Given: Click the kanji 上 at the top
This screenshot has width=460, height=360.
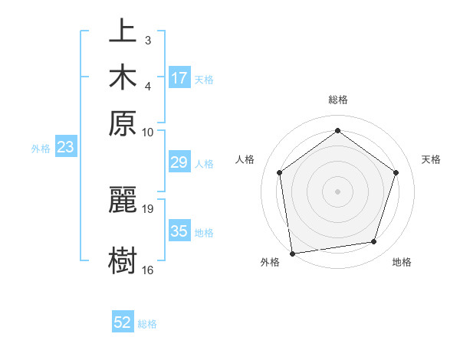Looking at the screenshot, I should [123, 33].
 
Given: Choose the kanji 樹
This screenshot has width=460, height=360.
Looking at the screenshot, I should [123, 260].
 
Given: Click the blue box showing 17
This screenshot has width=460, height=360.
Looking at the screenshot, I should [179, 78].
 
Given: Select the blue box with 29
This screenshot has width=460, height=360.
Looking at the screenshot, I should [179, 162].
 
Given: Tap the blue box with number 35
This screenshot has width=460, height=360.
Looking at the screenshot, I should [179, 231].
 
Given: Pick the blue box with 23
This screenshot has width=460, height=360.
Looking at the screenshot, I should [64, 147].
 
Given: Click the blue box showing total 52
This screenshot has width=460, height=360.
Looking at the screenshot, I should [123, 322].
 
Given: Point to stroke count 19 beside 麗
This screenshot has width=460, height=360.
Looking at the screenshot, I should [148, 208].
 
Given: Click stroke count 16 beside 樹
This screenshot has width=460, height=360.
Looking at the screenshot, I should [148, 270].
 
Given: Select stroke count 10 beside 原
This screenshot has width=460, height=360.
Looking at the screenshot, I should [148, 132].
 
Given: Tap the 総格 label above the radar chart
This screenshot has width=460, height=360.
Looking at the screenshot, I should [337, 100].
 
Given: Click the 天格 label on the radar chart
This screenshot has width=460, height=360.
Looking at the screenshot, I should [431, 159].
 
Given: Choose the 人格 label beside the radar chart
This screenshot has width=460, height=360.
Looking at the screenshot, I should [245, 159].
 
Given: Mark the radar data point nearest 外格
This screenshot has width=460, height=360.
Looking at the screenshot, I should [292, 253].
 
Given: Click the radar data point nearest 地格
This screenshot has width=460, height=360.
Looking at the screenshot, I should [374, 242].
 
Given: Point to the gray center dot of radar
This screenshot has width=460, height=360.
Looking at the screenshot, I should [337, 191].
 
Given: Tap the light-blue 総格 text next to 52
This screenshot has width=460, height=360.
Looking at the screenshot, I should [147, 324].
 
